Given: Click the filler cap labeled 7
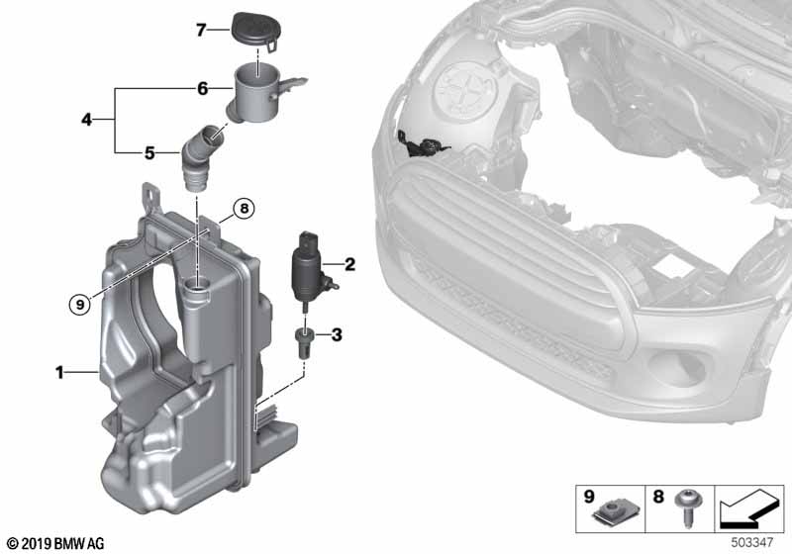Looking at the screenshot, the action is (255, 32).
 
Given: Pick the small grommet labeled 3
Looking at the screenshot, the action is (303, 341).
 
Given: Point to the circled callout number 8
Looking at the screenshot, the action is (244, 208).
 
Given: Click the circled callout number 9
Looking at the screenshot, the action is (80, 304).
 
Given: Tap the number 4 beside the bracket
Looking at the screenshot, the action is (87, 120).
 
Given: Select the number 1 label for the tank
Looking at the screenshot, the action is (59, 373).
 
